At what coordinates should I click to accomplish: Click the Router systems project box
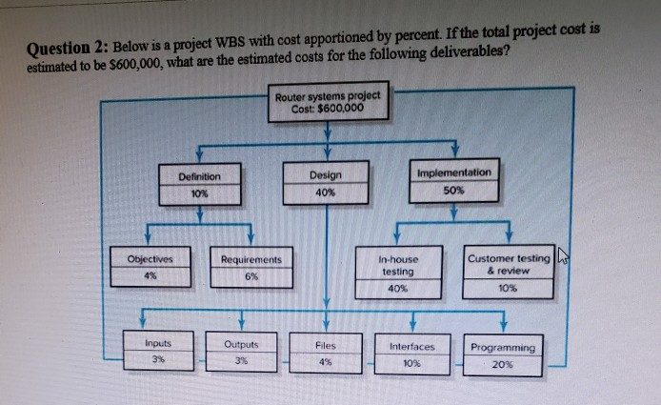[x=327, y=101]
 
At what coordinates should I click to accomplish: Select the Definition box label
[x=199, y=176]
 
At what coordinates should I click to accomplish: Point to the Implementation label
[x=454, y=172]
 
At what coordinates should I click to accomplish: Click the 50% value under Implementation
[x=454, y=190]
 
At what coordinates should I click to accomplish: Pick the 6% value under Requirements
[x=250, y=276]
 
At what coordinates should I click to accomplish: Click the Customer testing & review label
[x=509, y=264]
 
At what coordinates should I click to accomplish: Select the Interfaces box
[x=411, y=354]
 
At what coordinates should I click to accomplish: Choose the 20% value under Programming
[x=503, y=364]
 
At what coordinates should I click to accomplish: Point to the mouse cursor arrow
[x=562, y=253]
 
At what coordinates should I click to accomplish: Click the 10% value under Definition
[x=199, y=193]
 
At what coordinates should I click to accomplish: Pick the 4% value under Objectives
[x=150, y=276]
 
